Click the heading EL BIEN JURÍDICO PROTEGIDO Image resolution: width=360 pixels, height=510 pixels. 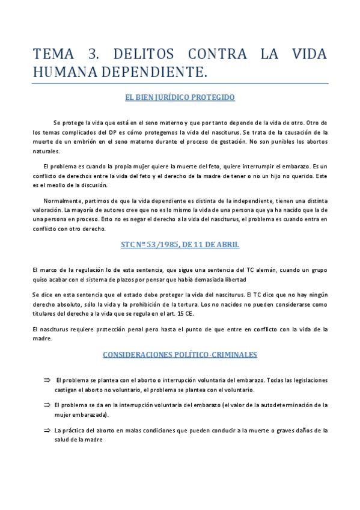180,96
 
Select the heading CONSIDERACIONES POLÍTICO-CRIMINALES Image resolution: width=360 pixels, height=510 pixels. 180,355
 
